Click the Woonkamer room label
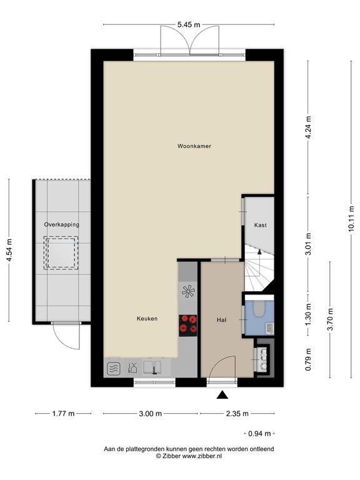194,146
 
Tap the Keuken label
147,319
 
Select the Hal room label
221,319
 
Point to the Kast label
261,225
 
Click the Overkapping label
61,224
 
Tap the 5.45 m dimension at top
188,25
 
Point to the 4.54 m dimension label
9,251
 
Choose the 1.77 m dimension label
62,414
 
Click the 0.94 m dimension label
256,432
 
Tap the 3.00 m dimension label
150,414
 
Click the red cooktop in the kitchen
187,324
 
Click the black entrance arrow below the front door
222,394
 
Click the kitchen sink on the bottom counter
152,367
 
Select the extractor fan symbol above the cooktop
187,291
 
